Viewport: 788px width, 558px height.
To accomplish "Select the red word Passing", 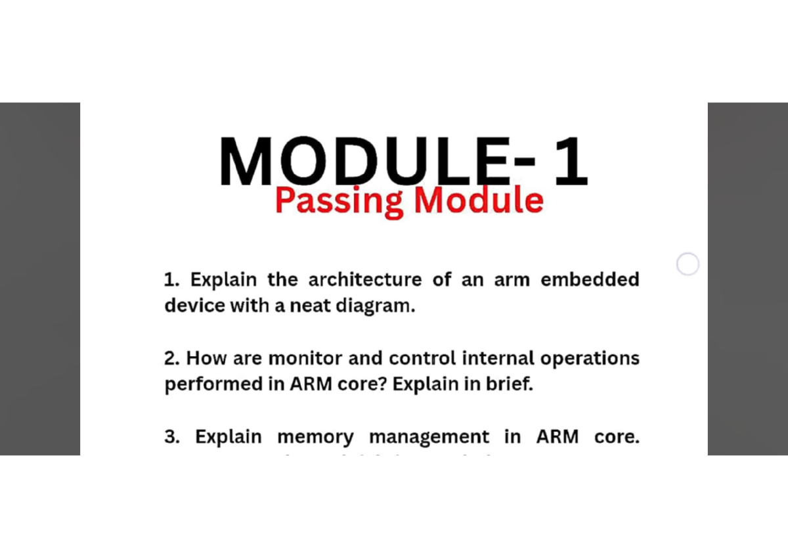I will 339,200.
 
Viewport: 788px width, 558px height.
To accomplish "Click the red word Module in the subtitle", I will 479,200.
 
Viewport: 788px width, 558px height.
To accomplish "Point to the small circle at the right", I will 688,264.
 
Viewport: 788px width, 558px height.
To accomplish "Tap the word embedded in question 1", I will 590,280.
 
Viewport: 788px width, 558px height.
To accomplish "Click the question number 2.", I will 171,359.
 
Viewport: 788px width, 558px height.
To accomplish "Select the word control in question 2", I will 422,359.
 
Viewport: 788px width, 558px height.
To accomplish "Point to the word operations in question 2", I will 589,359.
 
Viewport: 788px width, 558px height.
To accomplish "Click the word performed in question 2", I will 213,384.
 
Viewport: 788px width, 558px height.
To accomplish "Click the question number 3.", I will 172,437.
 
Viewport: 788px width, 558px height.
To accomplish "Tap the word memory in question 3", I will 315,438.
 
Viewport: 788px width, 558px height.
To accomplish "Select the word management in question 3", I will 429,438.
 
